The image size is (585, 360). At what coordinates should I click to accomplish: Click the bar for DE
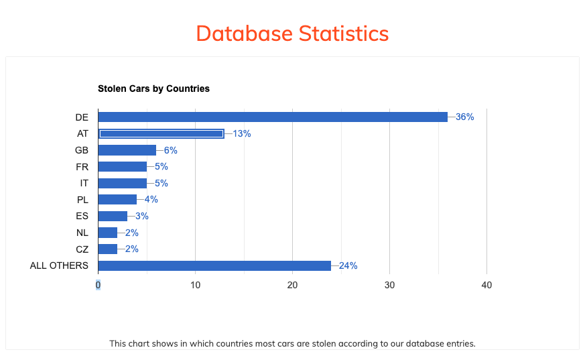[273, 117]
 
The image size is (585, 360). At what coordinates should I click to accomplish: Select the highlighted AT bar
[161, 133]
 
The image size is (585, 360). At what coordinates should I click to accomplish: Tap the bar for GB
[127, 150]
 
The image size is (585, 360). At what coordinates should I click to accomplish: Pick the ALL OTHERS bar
[214, 265]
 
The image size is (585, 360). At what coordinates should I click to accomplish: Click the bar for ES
[113, 216]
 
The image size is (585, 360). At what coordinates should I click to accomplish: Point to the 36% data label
[464, 117]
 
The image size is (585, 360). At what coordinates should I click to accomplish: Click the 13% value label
[241, 133]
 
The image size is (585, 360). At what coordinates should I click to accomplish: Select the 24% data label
[348, 265]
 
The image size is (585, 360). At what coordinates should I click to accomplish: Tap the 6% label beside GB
[170, 150]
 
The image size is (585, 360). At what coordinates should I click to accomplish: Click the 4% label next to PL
[151, 199]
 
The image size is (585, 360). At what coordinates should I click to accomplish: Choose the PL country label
[82, 199]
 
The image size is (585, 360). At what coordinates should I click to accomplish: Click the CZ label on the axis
[82, 249]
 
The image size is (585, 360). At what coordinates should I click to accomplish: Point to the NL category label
[82, 233]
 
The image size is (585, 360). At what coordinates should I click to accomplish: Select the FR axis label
[82, 166]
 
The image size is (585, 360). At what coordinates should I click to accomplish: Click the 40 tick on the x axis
[486, 285]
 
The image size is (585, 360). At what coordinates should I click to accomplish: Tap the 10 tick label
[195, 285]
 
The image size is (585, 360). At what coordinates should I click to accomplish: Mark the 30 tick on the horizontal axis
[389, 285]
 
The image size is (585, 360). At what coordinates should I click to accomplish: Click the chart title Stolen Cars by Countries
[153, 88]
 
